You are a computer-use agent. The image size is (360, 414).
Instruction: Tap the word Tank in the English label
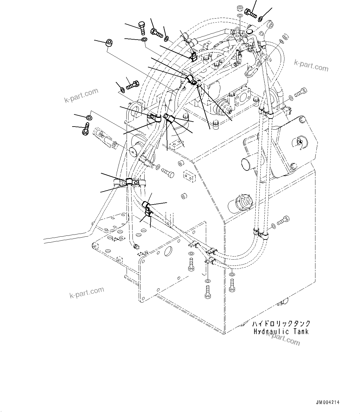[301, 332]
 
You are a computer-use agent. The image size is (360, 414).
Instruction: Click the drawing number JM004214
[327, 402]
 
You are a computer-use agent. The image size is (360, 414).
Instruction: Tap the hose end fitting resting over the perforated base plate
[135, 246]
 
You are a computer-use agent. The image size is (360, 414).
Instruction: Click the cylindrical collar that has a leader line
[109, 43]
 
